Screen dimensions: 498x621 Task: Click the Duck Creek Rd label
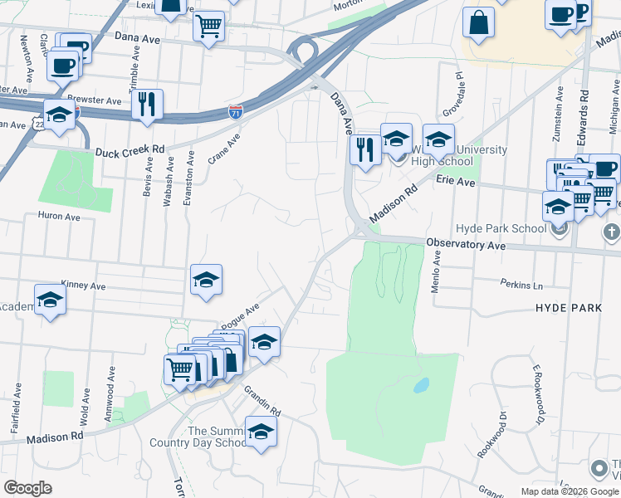pyautogui.click(x=130, y=151)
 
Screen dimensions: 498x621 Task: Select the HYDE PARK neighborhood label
pyautogui.click(x=568, y=308)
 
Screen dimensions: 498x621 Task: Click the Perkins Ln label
pyautogui.click(x=521, y=285)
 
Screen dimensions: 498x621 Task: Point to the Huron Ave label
pyautogui.click(x=58, y=217)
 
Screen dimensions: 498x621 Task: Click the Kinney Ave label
pyautogui.click(x=84, y=286)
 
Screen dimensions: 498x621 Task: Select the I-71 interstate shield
pyautogui.click(x=237, y=110)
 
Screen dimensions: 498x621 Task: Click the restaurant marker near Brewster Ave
pyautogui.click(x=147, y=103)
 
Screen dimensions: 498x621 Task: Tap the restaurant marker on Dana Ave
pyautogui.click(x=364, y=149)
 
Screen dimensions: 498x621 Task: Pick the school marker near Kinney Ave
pyautogui.click(x=206, y=280)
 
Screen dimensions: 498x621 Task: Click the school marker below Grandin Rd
pyautogui.click(x=261, y=432)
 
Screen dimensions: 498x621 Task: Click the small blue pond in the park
pyautogui.click(x=421, y=385)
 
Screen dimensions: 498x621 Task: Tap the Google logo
pyautogui.click(x=28, y=488)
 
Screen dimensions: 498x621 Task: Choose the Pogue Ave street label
pyautogui.click(x=241, y=317)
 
